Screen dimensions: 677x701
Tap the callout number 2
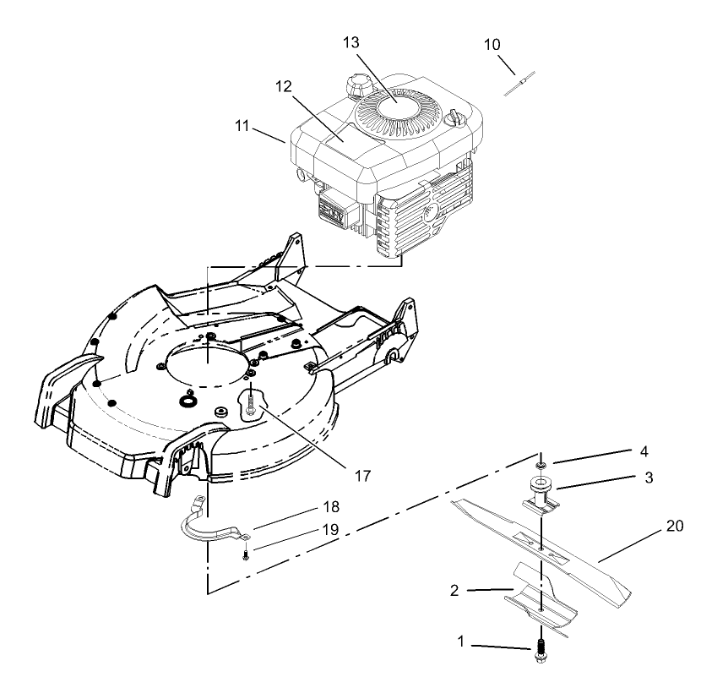click(454, 590)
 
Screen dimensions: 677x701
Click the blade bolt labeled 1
click(540, 652)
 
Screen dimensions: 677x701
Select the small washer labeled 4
click(541, 466)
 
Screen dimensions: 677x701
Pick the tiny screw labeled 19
click(246, 554)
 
